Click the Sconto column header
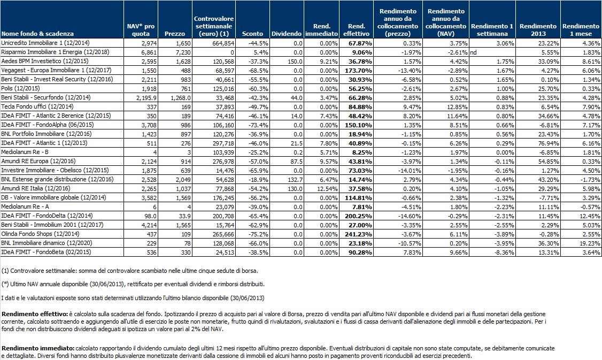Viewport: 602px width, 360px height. (253, 34)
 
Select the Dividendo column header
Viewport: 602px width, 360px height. (287, 34)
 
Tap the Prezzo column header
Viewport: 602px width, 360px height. (175, 34)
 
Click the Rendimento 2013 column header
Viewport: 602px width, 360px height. (538, 30)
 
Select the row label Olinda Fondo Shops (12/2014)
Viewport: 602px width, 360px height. (40, 234)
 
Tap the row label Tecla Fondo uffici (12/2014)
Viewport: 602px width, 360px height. (37, 106)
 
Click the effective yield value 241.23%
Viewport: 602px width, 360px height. (358, 234)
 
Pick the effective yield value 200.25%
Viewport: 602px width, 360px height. (358, 216)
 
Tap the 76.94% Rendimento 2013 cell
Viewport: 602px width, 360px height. (548, 143)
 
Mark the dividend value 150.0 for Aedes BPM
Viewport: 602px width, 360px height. (296, 61)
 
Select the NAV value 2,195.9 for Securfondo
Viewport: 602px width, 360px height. (146, 97)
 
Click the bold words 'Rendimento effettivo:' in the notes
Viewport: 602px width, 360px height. (35, 315)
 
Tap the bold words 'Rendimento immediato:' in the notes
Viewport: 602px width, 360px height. (38, 348)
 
